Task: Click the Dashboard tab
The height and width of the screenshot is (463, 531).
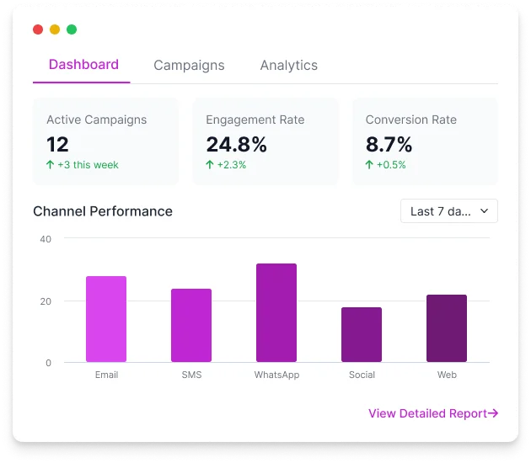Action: click(x=83, y=65)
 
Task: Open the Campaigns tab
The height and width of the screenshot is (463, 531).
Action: click(x=189, y=66)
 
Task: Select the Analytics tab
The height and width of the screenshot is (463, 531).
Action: click(x=288, y=66)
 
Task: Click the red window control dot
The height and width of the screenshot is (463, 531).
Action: click(x=38, y=29)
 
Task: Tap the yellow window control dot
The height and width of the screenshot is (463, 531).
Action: click(x=55, y=29)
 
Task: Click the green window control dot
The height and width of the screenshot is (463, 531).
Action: click(x=72, y=29)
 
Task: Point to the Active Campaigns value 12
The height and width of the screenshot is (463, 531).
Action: click(x=57, y=144)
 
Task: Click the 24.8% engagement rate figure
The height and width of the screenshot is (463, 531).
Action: click(x=236, y=144)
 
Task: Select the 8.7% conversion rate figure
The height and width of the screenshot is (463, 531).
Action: click(x=389, y=144)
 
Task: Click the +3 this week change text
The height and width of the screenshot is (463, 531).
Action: click(x=87, y=165)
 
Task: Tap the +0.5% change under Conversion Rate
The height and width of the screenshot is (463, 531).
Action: click(x=390, y=165)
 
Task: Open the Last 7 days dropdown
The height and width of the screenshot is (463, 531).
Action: click(x=448, y=211)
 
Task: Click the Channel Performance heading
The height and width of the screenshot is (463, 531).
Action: click(x=102, y=211)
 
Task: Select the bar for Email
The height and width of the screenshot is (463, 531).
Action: click(x=106, y=319)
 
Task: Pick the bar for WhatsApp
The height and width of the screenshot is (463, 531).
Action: click(x=276, y=313)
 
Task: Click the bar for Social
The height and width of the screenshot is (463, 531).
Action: click(x=362, y=334)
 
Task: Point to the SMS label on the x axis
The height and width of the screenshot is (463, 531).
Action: click(x=191, y=375)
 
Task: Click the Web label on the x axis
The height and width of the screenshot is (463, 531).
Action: click(x=447, y=375)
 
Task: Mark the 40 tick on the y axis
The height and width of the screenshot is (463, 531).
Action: click(x=46, y=239)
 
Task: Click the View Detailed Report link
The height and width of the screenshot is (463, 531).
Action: click(x=433, y=413)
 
